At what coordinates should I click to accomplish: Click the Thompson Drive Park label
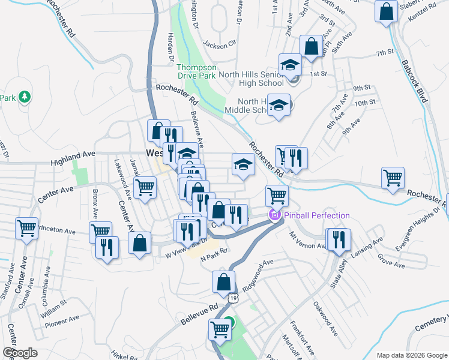click(x=196, y=72)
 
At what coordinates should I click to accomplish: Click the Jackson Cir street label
click(x=220, y=44)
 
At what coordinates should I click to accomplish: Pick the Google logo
click(x=20, y=353)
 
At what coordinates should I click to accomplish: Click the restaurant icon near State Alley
click(x=339, y=239)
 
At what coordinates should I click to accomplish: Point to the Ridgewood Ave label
click(x=259, y=271)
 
